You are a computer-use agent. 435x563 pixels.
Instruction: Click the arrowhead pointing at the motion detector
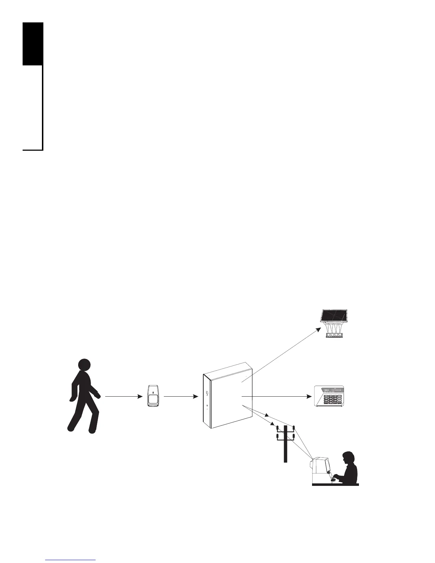140,396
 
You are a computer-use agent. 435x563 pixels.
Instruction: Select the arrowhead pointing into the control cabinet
196,396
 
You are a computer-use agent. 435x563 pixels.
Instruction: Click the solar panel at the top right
334,316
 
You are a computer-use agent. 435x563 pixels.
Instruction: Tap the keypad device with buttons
329,396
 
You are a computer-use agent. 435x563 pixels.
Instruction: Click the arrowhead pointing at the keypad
309,396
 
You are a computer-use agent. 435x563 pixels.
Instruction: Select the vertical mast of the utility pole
285,444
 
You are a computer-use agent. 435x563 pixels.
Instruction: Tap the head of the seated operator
348,457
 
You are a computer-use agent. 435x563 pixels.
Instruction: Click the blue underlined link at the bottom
71,560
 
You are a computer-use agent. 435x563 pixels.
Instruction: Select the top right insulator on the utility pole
294,427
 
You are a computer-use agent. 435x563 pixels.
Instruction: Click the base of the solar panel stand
335,336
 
